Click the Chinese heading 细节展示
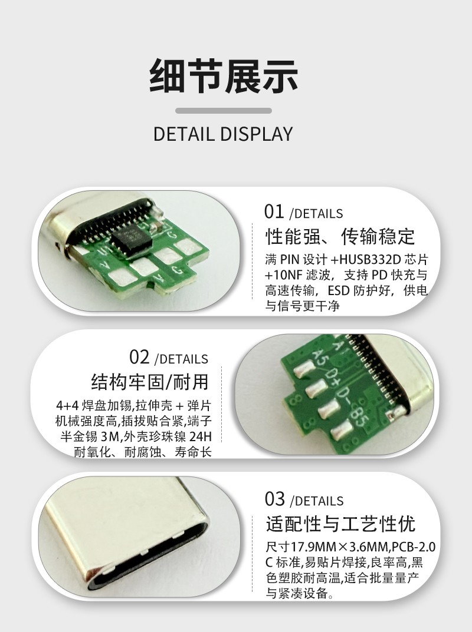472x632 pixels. coord(223,76)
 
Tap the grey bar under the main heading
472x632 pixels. coord(223,111)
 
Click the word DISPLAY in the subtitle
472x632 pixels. coord(257,134)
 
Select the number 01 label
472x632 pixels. coord(274,212)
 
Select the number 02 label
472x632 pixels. coord(139,357)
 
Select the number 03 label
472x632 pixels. coord(274,499)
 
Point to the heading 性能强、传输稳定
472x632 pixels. coord(340,236)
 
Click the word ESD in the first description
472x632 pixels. coord(338,290)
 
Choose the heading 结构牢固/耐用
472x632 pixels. coord(150,381)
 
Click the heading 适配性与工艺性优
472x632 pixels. coord(340,524)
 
